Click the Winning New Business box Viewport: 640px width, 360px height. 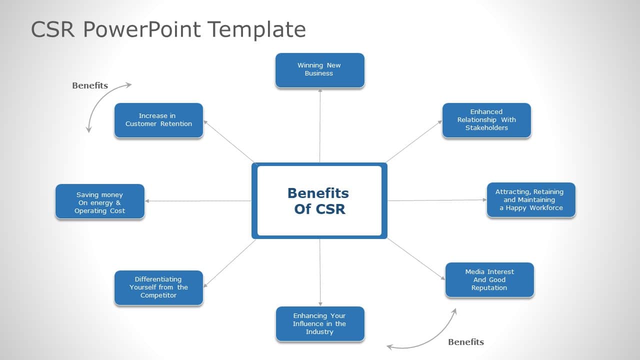pyautogui.click(x=319, y=70)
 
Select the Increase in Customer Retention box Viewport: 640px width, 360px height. pyautogui.click(x=158, y=120)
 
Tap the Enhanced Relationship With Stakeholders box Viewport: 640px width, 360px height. pyautogui.click(x=486, y=120)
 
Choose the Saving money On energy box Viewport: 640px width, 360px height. pyautogui.click(x=99, y=201)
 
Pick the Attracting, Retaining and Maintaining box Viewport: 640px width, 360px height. pyautogui.click(x=531, y=199)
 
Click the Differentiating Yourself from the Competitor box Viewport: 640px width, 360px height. pyautogui.click(x=158, y=287)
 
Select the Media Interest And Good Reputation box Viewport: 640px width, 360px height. pyautogui.click(x=489, y=280)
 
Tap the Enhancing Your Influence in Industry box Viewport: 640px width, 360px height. pyautogui.click(x=319, y=323)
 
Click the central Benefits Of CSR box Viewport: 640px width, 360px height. pyautogui.click(x=319, y=200)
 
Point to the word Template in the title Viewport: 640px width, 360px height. pyautogui.click(x=257, y=29)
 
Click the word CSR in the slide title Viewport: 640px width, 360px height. pyautogui.click(x=52, y=29)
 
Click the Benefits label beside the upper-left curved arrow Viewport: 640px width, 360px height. pyautogui.click(x=90, y=85)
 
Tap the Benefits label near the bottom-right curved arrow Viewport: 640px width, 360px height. pyautogui.click(x=465, y=342)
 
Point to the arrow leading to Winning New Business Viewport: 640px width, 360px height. pyautogui.click(x=320, y=125)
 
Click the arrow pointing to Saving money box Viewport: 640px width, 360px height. pyautogui.click(x=197, y=201)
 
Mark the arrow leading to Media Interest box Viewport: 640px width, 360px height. pyautogui.click(x=416, y=259)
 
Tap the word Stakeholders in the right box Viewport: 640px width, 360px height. pyautogui.click(x=486, y=128)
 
